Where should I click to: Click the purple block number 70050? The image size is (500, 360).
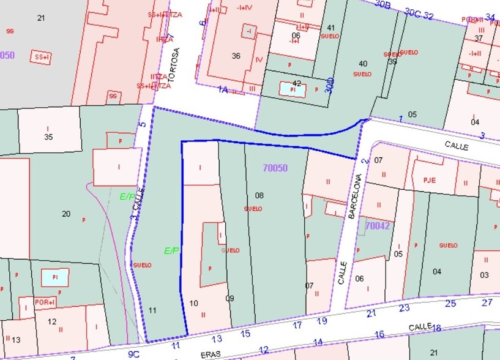click(x=275, y=168)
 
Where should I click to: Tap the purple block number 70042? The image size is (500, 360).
click(x=378, y=226)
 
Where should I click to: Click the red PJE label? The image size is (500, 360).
click(x=429, y=180)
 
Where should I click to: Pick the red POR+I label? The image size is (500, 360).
click(x=45, y=302)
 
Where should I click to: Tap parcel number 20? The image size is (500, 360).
click(x=66, y=214)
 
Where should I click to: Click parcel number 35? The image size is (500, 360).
click(x=48, y=137)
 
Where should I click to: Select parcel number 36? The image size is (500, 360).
click(x=236, y=56)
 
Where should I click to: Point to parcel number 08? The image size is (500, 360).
click(x=259, y=195)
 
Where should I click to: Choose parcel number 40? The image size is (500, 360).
click(x=363, y=63)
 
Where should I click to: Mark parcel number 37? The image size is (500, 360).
click(x=479, y=39)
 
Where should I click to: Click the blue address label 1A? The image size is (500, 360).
click(x=223, y=89)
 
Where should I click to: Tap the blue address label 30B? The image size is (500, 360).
click(x=382, y=5)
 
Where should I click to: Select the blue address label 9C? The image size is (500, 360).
click(x=134, y=354)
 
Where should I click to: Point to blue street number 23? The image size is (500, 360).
click(x=404, y=308)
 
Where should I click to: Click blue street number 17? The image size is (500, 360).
click(x=297, y=325)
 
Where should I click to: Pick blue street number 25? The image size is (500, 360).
click(x=450, y=303)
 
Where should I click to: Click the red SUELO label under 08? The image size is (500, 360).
click(x=253, y=209)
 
